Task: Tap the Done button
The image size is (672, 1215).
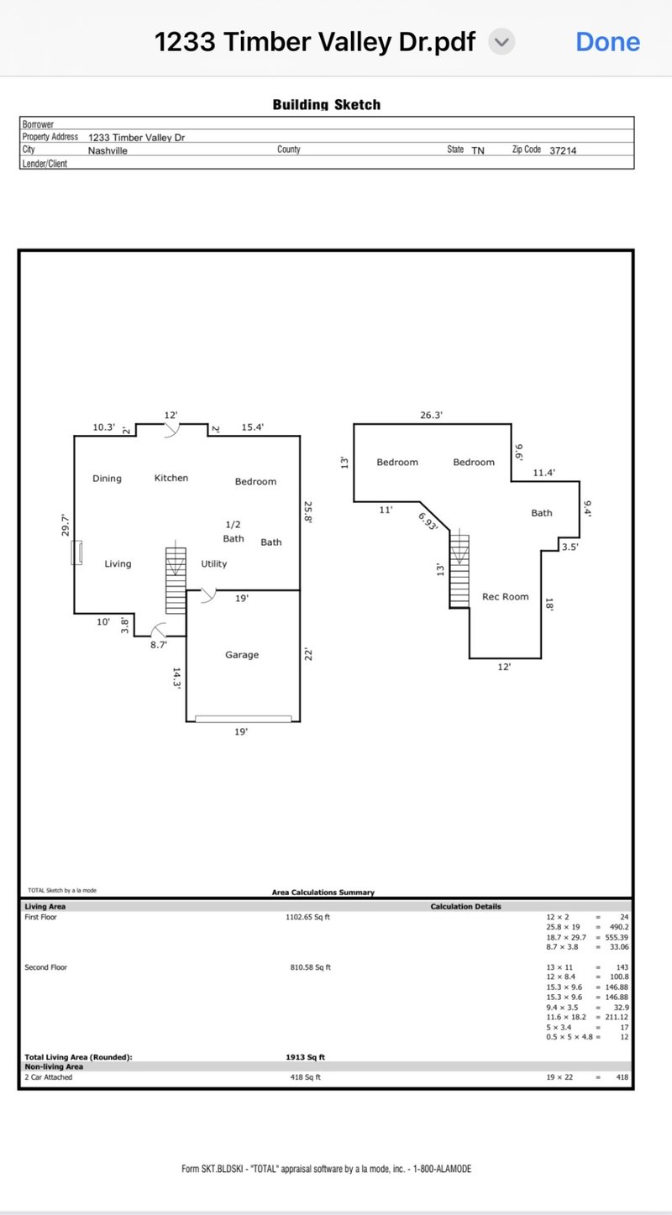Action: (x=607, y=42)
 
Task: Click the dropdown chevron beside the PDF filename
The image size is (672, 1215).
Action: (x=501, y=42)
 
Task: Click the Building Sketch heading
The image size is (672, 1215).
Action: (x=326, y=105)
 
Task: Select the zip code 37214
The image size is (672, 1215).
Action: (x=563, y=151)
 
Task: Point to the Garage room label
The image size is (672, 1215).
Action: (x=242, y=655)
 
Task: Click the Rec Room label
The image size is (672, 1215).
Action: (x=505, y=597)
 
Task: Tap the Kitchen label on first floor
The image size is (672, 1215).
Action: (x=171, y=479)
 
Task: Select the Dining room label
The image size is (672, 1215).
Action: (x=107, y=479)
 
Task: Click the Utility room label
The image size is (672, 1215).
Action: (x=214, y=564)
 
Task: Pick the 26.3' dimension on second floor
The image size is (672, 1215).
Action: (x=431, y=415)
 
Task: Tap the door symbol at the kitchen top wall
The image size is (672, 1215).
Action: (x=171, y=430)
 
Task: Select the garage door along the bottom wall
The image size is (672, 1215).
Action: (x=243, y=719)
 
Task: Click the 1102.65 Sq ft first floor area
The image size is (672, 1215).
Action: (x=308, y=918)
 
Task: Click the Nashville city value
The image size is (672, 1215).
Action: (x=108, y=151)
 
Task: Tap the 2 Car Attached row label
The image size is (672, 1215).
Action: (x=49, y=1077)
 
